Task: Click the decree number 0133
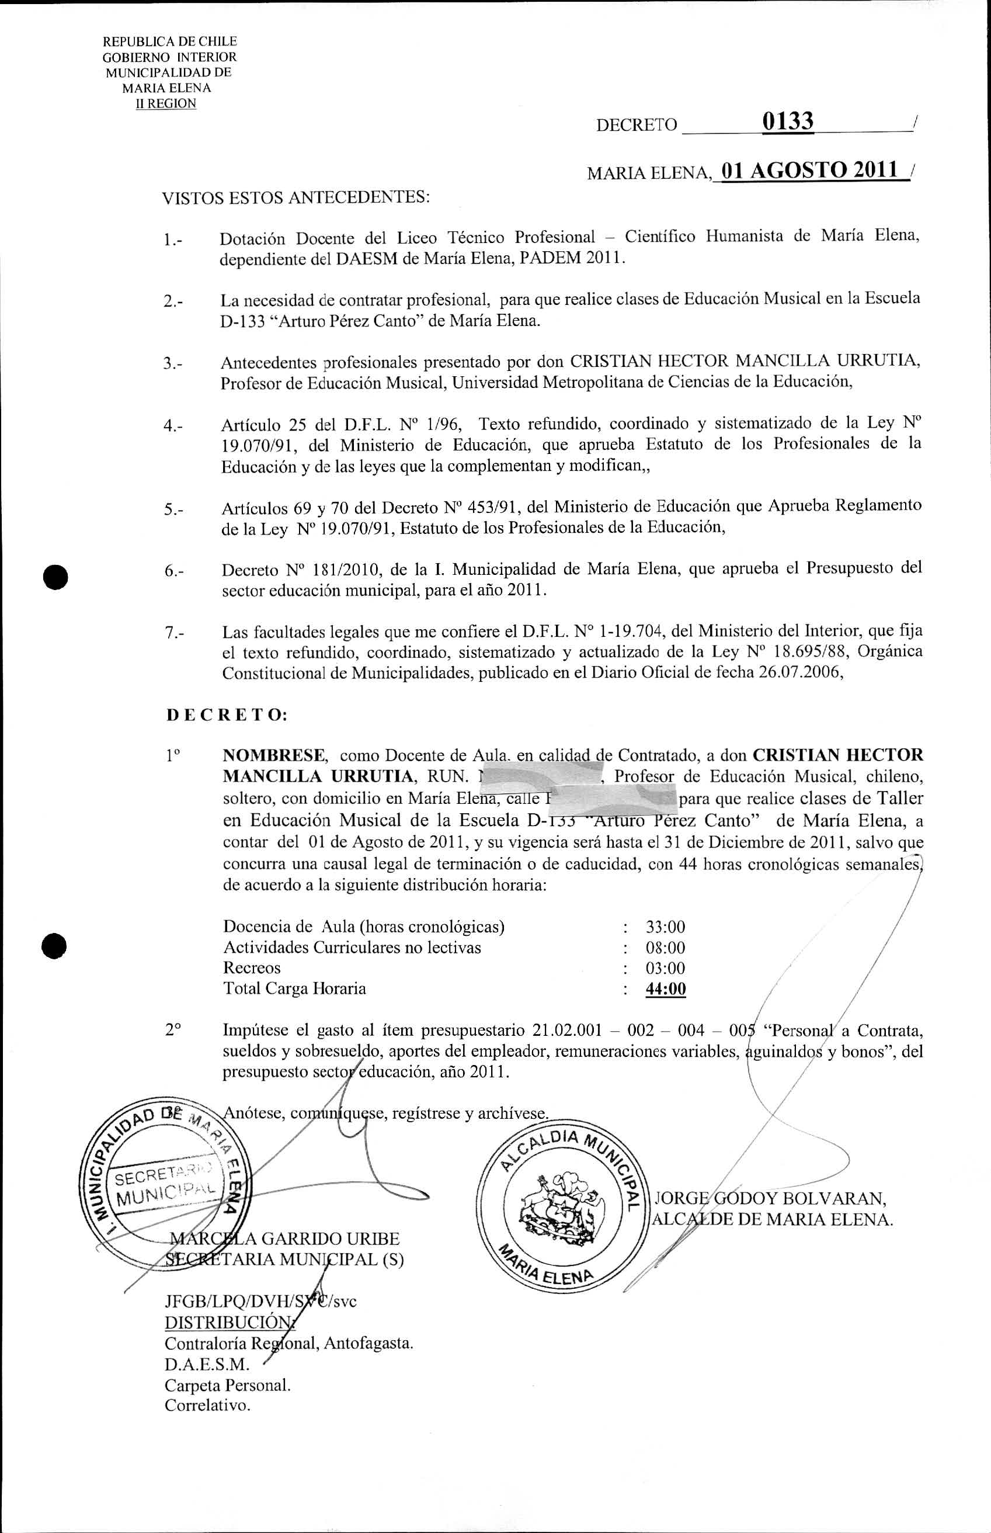click(788, 121)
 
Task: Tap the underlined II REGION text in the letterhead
click(165, 103)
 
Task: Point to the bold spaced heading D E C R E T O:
click(227, 715)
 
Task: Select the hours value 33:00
click(665, 927)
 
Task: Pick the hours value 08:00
click(665, 948)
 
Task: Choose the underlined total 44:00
click(665, 989)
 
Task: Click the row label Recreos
click(252, 968)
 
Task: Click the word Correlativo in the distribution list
click(207, 1405)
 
